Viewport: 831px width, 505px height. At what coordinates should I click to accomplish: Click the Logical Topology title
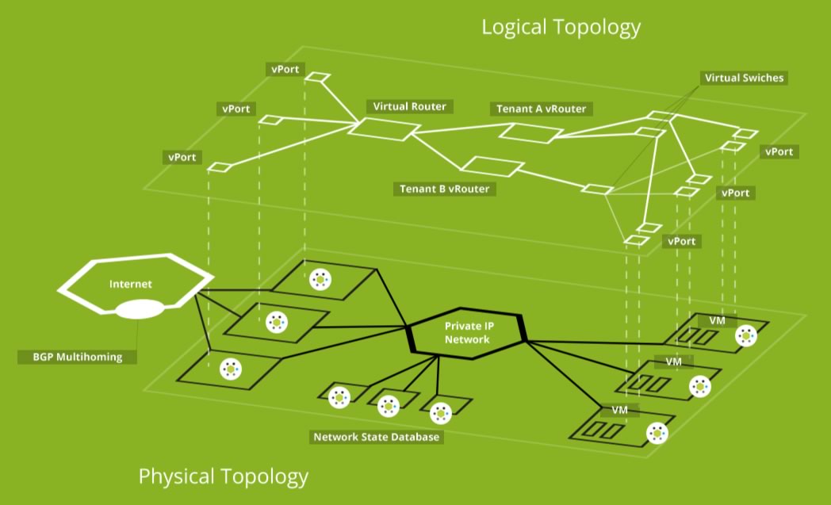561,28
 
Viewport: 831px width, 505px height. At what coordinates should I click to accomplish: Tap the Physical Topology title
223,476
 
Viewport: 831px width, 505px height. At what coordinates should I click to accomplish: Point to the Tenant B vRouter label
444,189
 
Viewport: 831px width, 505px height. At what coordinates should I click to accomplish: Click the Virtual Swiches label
743,78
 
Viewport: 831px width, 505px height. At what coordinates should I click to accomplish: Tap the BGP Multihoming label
76,357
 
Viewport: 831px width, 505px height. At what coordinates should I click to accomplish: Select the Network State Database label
376,437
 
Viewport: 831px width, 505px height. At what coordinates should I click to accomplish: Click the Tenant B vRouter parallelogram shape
492,167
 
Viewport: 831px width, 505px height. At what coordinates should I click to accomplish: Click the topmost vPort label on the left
285,69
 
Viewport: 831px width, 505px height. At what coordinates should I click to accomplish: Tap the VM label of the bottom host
620,410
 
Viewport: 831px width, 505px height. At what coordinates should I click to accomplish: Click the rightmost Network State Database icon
440,412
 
